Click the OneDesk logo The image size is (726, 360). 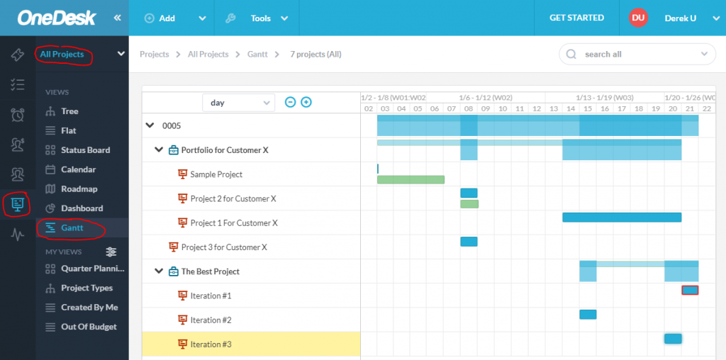click(x=57, y=18)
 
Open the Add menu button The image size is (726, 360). click(x=175, y=18)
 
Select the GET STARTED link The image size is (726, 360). click(x=576, y=18)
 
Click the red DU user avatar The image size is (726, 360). click(x=638, y=18)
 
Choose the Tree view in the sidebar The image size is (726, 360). click(x=69, y=111)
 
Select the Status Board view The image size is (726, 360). click(x=85, y=150)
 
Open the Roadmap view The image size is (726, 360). click(x=79, y=189)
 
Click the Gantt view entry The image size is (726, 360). click(x=72, y=228)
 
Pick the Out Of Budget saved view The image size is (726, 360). click(x=89, y=327)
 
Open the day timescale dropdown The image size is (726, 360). click(x=238, y=103)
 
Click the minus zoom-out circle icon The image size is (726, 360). click(x=290, y=102)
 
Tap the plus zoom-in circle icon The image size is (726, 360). click(x=306, y=102)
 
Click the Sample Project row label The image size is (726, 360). click(x=216, y=174)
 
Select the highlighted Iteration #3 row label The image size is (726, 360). click(x=211, y=344)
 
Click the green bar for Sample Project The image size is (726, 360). click(x=411, y=180)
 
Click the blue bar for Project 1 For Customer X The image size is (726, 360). click(x=622, y=218)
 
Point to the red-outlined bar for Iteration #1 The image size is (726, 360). click(x=690, y=290)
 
